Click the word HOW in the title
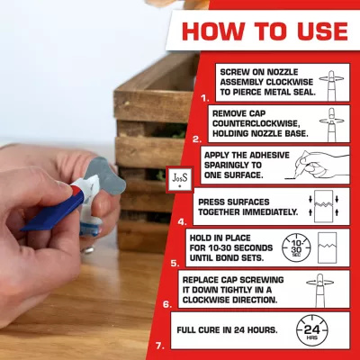(x=212, y=31)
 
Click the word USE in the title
(x=322, y=31)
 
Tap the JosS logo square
(x=180, y=179)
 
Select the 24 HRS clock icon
(x=312, y=330)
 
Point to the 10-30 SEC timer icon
(x=296, y=247)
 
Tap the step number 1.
(x=204, y=98)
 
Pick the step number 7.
(x=160, y=346)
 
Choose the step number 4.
(x=182, y=222)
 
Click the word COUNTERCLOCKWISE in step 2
(x=256, y=123)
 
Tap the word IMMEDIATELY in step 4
(x=270, y=212)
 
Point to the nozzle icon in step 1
(x=331, y=85)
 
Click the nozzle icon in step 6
(x=320, y=290)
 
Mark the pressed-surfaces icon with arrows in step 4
(x=324, y=206)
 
